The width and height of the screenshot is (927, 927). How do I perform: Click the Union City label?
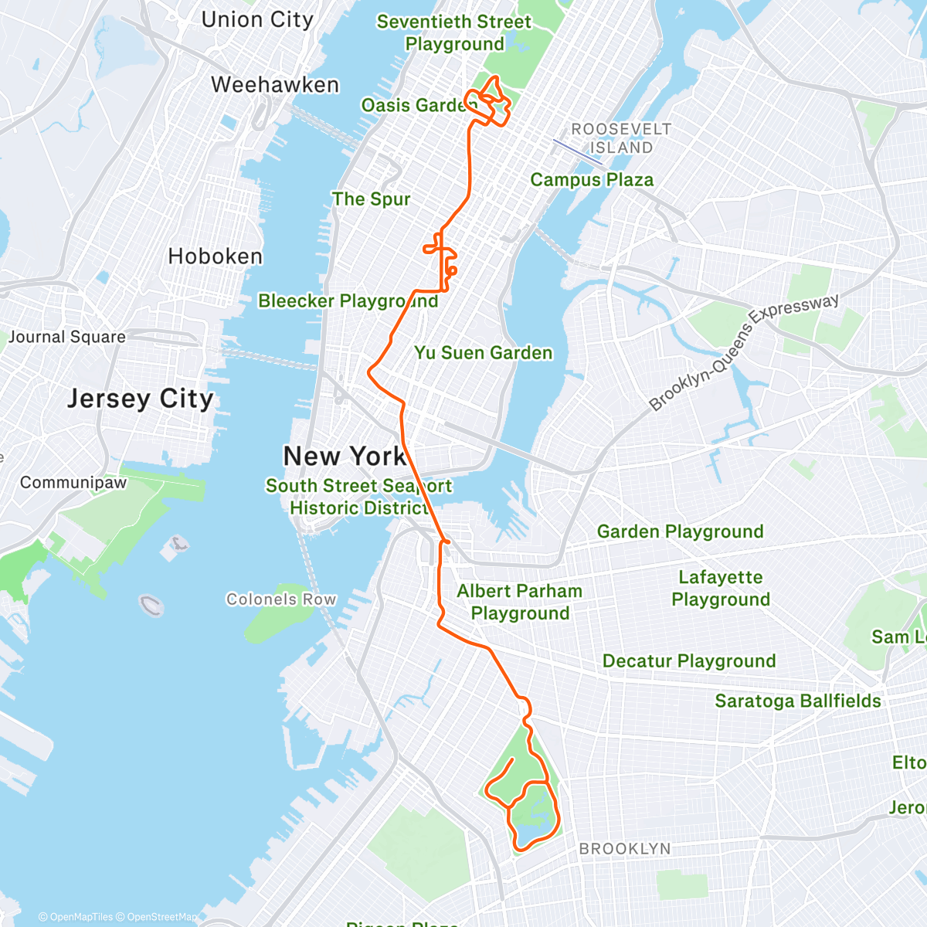(x=257, y=20)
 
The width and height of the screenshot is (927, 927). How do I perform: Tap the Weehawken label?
(x=275, y=85)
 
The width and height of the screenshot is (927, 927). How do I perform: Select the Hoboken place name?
(x=216, y=256)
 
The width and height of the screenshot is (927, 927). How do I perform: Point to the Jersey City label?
(x=140, y=399)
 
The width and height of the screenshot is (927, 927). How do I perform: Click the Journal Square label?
(x=67, y=337)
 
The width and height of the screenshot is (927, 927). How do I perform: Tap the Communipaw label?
(x=73, y=483)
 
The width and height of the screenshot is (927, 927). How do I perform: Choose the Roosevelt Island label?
(x=621, y=138)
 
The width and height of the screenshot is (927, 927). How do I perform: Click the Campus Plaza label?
(x=592, y=180)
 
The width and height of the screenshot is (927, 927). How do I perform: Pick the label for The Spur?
(x=371, y=199)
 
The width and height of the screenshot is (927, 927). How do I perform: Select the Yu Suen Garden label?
(x=484, y=353)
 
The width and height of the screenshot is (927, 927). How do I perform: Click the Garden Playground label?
(x=680, y=531)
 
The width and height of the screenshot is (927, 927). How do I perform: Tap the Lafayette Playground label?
(x=721, y=589)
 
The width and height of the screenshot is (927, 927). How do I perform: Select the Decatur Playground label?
(x=689, y=661)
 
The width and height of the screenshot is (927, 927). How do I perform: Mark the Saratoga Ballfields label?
(x=797, y=701)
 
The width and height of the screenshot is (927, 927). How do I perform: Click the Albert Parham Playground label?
(x=520, y=602)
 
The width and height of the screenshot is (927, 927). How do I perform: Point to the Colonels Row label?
(x=281, y=599)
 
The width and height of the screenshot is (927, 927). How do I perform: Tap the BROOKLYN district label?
(x=625, y=849)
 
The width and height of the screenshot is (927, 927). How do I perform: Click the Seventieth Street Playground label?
(x=454, y=33)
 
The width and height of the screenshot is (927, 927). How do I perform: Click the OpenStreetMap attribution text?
(x=161, y=917)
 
